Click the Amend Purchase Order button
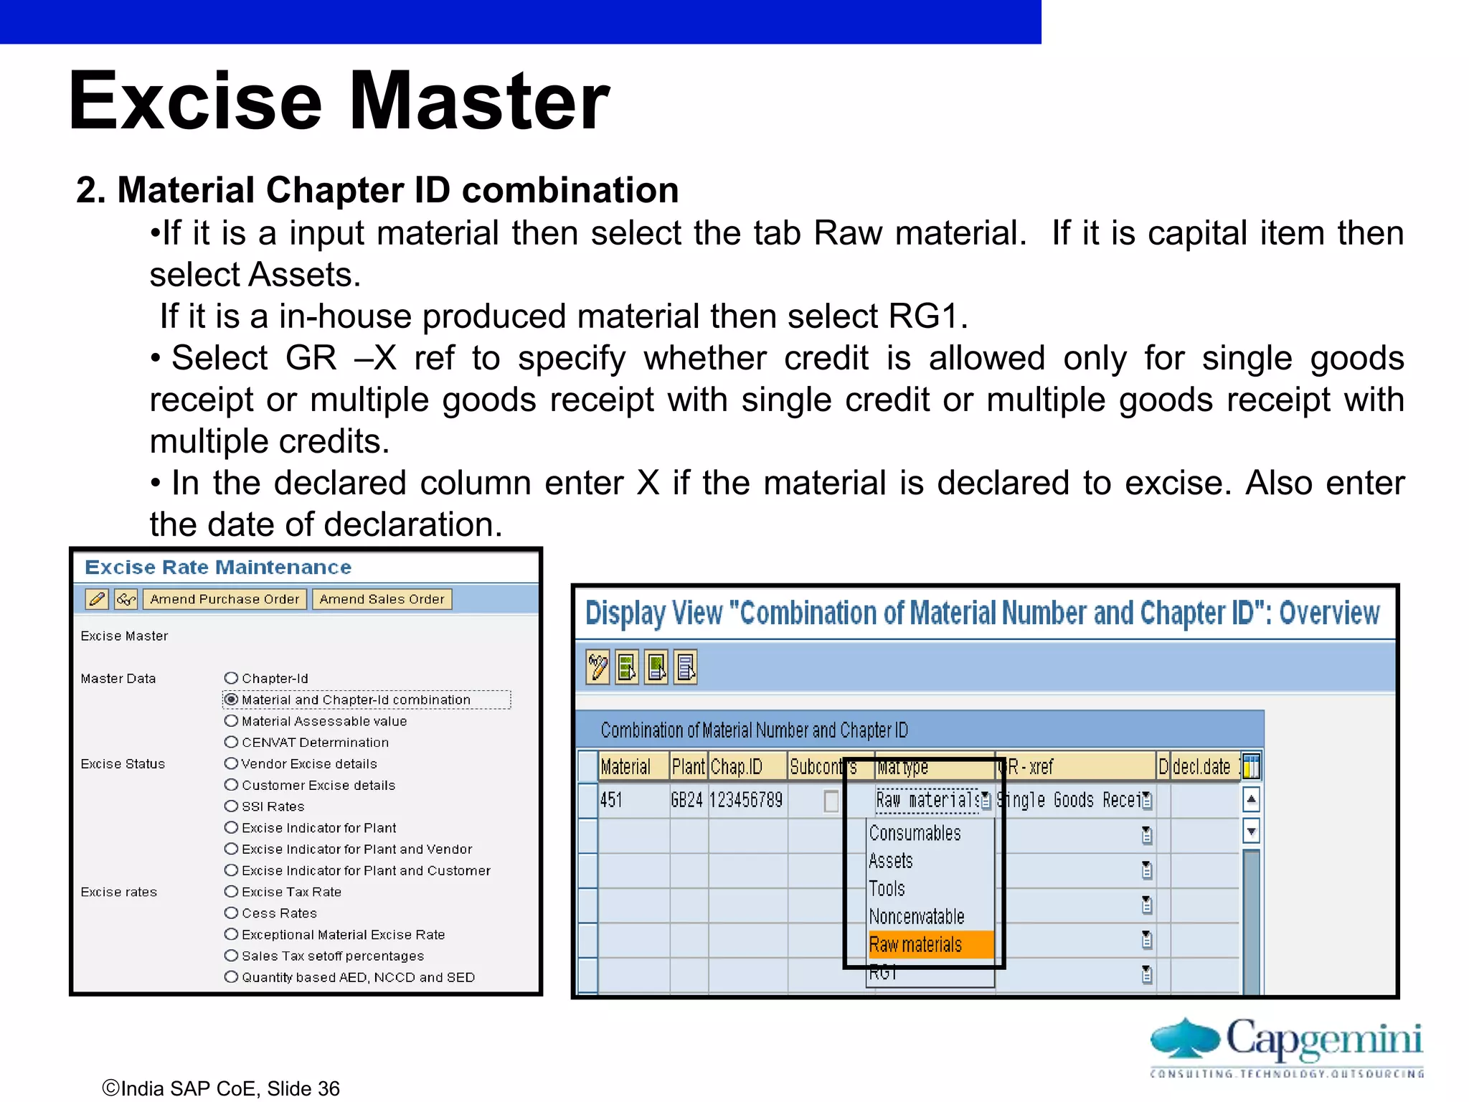tap(225, 599)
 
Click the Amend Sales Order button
tap(382, 599)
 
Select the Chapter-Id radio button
tap(231, 678)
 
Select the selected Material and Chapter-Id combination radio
tap(231, 700)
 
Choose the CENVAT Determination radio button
tap(231, 742)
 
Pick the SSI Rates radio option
tap(231, 806)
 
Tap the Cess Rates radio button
tap(231, 913)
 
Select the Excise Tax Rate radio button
tap(231, 892)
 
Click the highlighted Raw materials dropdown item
tap(916, 945)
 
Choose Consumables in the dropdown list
tap(915, 834)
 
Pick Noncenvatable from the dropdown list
tap(916, 917)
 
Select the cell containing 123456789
tap(746, 800)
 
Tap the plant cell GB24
tap(687, 800)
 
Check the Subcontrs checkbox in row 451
tap(831, 801)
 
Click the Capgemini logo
tap(1286, 1045)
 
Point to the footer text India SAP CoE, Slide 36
tap(222, 1088)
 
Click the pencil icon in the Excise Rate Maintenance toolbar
tap(97, 599)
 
